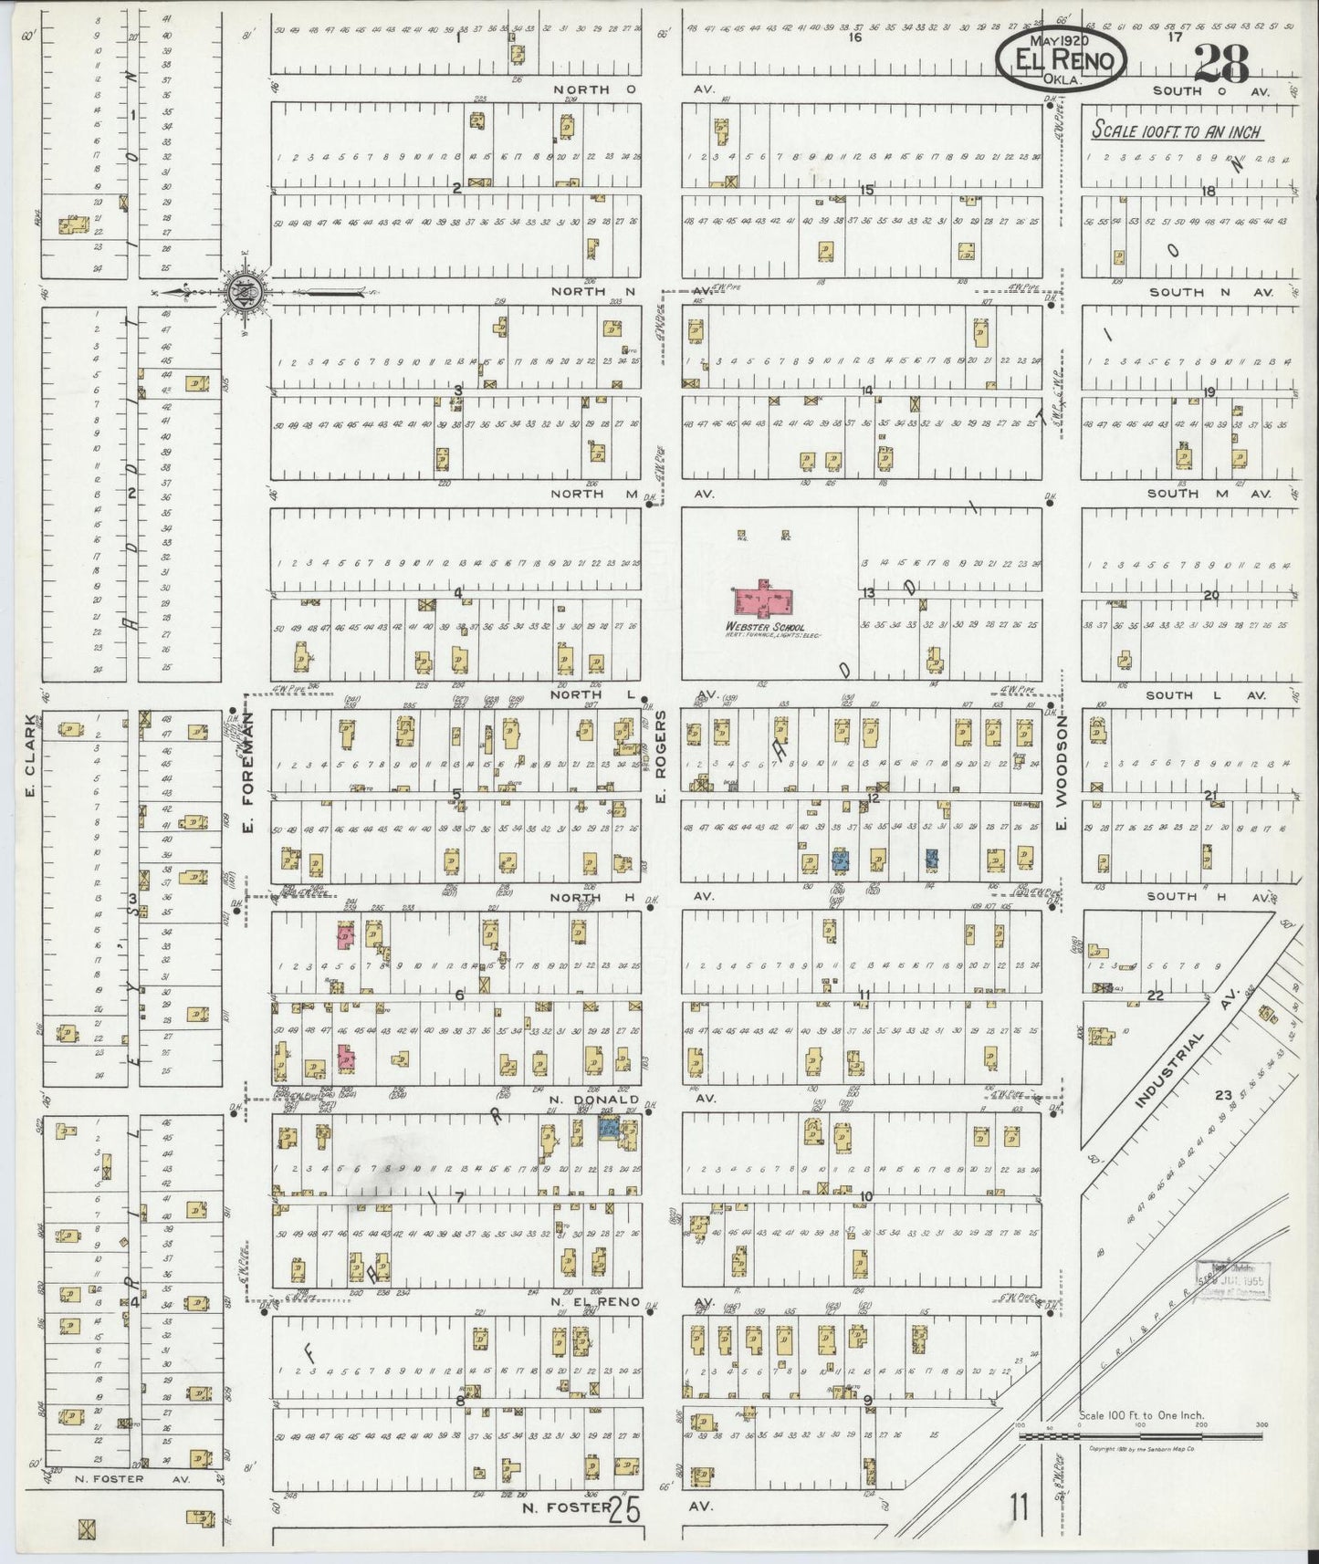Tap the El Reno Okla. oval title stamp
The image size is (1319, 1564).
pyautogui.click(x=1061, y=61)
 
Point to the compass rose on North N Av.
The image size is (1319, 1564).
pyautogui.click(x=246, y=291)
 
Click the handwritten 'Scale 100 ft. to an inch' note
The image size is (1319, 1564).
pyautogui.click(x=1177, y=131)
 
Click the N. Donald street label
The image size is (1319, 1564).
pyautogui.click(x=592, y=1100)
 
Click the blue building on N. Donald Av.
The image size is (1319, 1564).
pyautogui.click(x=609, y=1129)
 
